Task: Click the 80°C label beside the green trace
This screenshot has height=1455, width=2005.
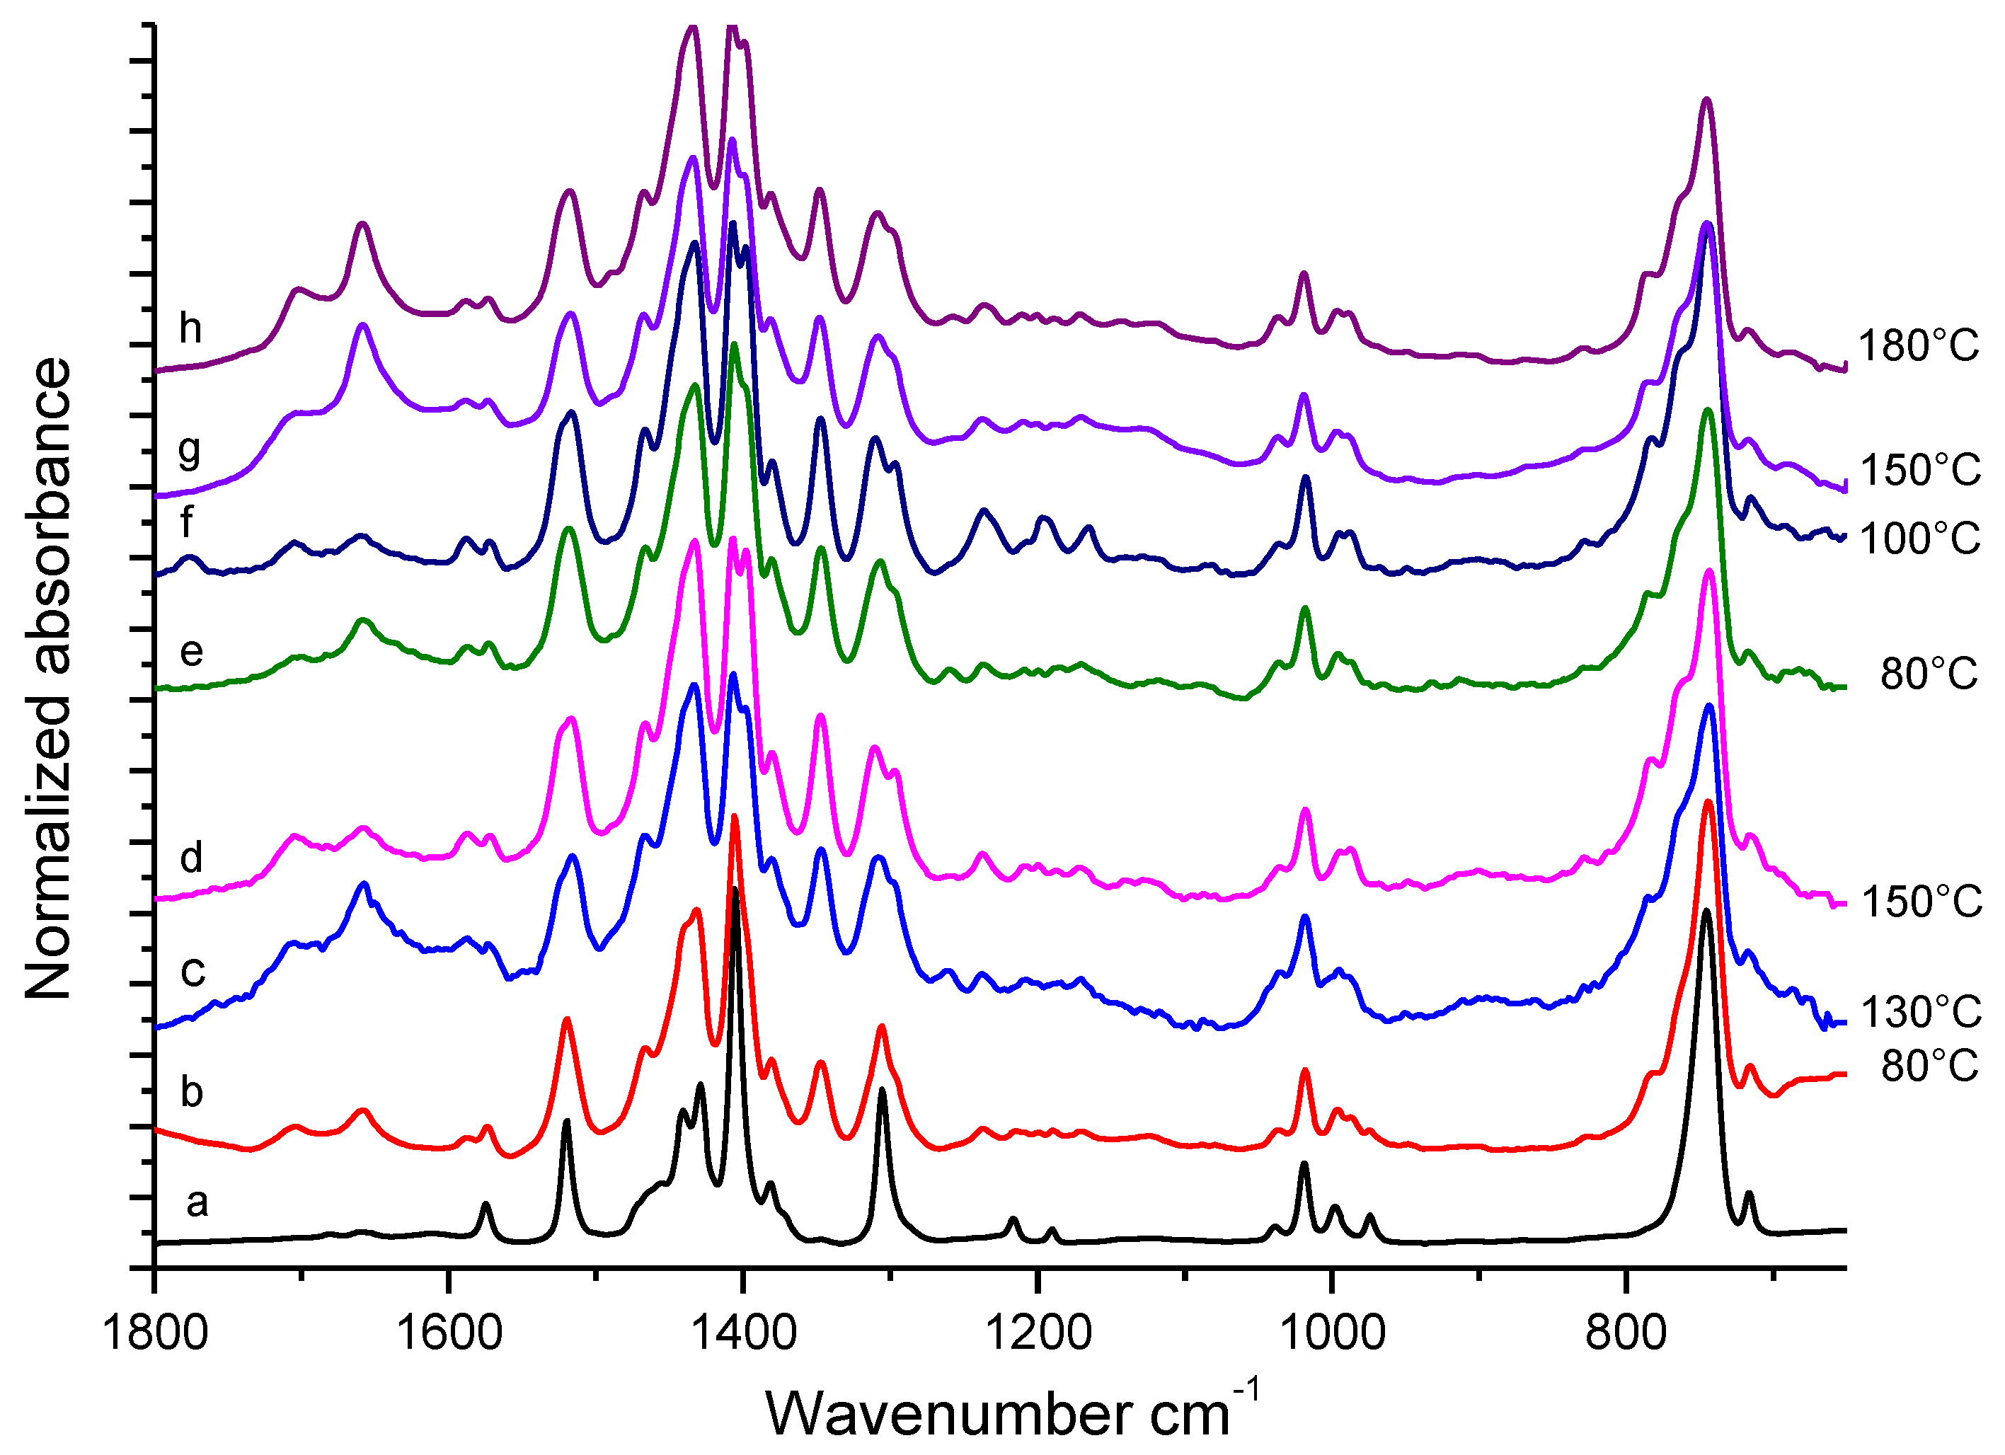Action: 1928,674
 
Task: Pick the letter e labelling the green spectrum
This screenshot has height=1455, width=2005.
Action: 192,652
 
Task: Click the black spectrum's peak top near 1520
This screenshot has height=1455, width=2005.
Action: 567,1122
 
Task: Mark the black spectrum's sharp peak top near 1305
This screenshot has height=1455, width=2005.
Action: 881,1090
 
